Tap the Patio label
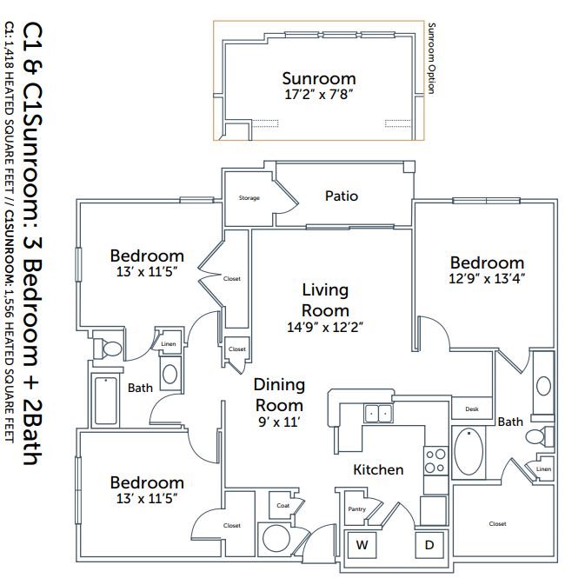click(342, 196)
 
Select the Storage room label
click(249, 198)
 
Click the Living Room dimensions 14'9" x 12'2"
click(325, 328)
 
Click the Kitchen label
click(378, 469)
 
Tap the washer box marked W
click(362, 546)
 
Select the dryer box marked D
click(429, 546)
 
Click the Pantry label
click(356, 509)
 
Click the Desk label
click(472, 409)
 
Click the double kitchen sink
click(377, 414)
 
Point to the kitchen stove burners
click(434, 458)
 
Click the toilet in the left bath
click(110, 349)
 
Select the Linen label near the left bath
click(168, 344)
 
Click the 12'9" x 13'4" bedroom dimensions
click(487, 279)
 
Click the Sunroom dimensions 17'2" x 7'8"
click(319, 94)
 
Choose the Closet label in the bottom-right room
click(497, 524)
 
